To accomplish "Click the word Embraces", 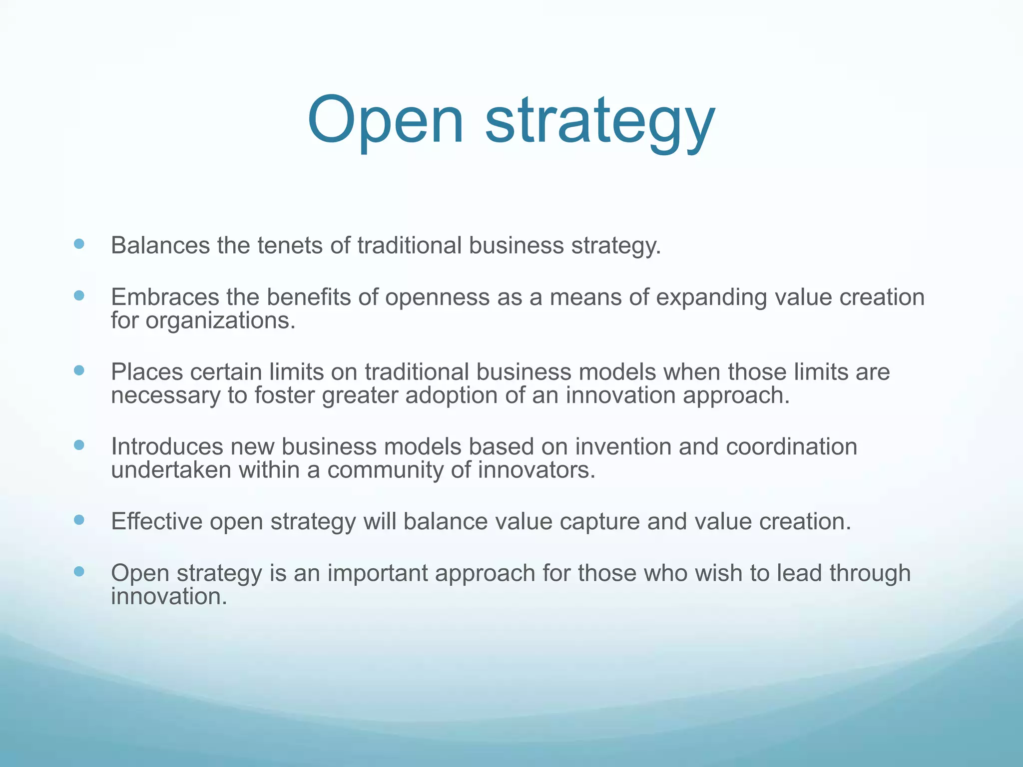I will [165, 297].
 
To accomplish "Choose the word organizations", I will [220, 321].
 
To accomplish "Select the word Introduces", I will [167, 446].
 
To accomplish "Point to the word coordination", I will [791, 446].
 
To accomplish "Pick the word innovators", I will [537, 470].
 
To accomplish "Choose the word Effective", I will [156, 521].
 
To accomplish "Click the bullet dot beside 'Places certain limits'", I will [79, 370].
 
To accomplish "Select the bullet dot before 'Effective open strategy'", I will [79, 520].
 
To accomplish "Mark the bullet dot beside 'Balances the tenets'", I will [79, 244].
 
